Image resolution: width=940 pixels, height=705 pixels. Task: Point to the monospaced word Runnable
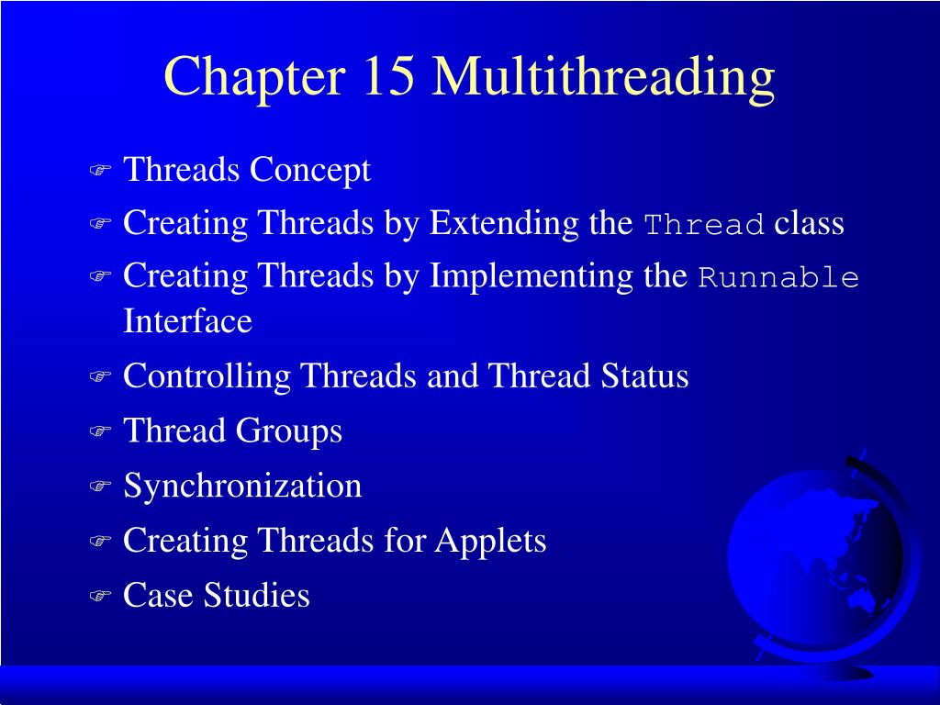pos(778,278)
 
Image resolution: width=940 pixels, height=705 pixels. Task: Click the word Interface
pos(187,322)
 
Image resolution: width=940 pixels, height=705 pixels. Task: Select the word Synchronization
pos(242,487)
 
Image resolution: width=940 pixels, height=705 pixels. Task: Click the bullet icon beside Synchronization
pos(99,487)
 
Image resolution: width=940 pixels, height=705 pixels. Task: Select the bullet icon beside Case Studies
pos(99,597)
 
